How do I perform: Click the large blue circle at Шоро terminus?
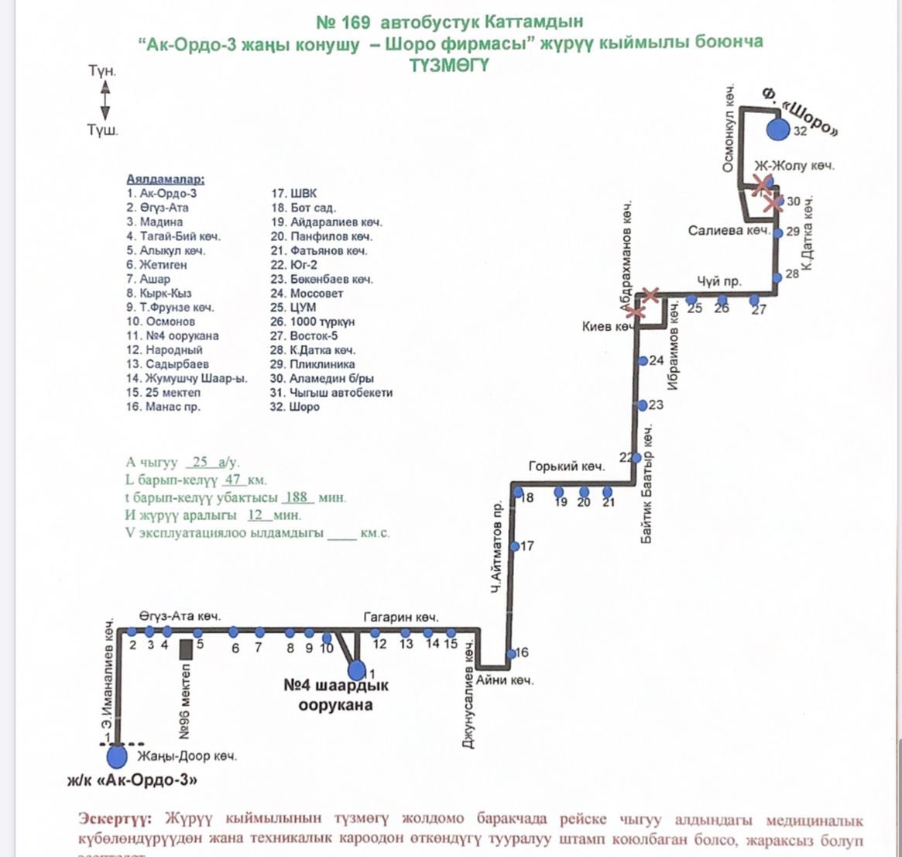pos(777,129)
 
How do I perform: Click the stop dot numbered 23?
pos(642,405)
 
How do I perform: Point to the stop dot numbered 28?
pos(777,276)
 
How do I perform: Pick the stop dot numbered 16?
pos(511,654)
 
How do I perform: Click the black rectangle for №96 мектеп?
pos(185,649)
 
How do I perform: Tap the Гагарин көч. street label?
pos(401,618)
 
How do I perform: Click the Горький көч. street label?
pos(566,466)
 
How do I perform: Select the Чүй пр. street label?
pos(719,281)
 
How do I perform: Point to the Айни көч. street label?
pos(505,680)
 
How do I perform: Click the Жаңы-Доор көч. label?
pos(187,755)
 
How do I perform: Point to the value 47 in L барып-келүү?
pos(231,480)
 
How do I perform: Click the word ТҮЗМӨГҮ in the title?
pos(449,65)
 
